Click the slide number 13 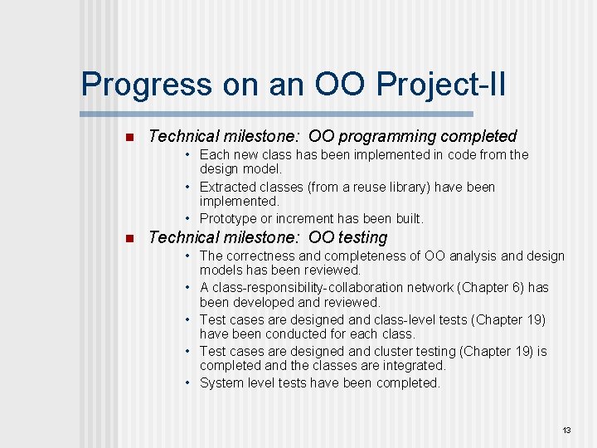567,430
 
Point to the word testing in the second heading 361,238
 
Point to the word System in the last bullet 222,383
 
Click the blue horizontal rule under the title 277,114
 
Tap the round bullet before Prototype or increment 190,219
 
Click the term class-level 411,319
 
